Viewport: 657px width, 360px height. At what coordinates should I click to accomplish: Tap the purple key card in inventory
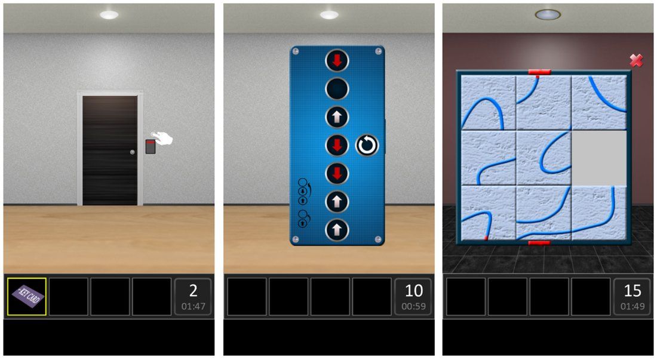click(27, 296)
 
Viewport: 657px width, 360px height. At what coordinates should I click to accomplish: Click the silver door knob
click(133, 152)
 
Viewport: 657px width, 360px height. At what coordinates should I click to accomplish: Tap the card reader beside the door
click(151, 146)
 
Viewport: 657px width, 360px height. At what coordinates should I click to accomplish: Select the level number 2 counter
click(193, 290)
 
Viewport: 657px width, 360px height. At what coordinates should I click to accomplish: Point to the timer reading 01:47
click(193, 306)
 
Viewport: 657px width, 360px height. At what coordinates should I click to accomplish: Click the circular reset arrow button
click(367, 145)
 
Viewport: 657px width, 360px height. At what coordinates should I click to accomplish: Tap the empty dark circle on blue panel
click(337, 89)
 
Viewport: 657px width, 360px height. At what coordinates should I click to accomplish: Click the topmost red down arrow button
click(337, 61)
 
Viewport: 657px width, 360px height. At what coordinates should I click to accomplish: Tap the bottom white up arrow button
click(337, 230)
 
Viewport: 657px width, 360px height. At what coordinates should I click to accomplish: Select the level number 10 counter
click(413, 290)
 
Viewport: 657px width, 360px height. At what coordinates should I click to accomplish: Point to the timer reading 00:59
click(413, 306)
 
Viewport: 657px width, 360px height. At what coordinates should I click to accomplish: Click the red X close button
click(636, 61)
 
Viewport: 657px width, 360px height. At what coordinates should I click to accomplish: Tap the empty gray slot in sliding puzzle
click(599, 158)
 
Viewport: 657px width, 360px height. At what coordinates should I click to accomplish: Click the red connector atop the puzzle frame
click(539, 72)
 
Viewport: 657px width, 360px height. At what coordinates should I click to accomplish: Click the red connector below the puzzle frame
click(539, 243)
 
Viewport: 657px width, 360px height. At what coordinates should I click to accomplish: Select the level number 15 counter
click(633, 290)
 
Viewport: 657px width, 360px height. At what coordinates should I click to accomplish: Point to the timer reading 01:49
click(633, 306)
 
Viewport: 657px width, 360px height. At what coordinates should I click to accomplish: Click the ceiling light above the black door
click(109, 15)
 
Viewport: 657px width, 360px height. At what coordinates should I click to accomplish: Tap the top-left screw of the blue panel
click(296, 51)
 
